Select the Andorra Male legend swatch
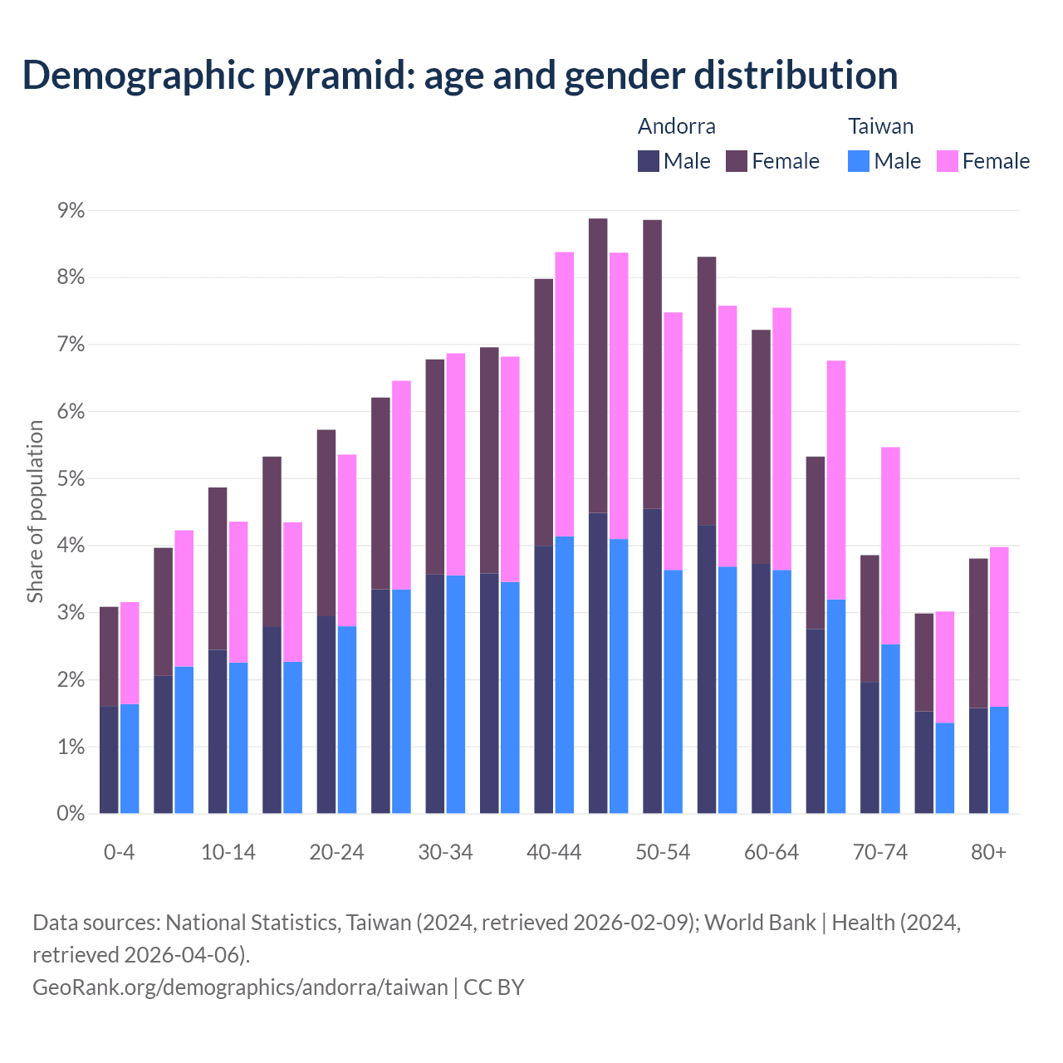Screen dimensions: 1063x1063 coord(649,161)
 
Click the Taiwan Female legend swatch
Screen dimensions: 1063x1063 coord(948,161)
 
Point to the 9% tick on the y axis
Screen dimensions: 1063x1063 coord(71,210)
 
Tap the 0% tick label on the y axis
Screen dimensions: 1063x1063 coord(71,814)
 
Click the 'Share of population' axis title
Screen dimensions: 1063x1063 coord(35,511)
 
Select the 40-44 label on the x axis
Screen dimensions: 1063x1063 coord(554,853)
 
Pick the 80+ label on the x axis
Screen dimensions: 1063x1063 coord(988,853)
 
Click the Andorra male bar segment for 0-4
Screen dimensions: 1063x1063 coord(109,760)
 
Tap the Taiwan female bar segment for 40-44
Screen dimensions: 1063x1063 coord(565,394)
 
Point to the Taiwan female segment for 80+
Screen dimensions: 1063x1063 coord(999,627)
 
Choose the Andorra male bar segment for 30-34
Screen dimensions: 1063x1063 coord(435,693)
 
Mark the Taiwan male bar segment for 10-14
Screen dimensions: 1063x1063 coord(238,737)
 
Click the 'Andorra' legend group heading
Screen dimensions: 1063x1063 coord(676,126)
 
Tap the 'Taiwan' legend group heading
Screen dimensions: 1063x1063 coord(880,126)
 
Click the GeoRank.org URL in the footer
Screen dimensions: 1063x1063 coord(240,987)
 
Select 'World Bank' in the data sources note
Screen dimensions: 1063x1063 coord(760,923)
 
